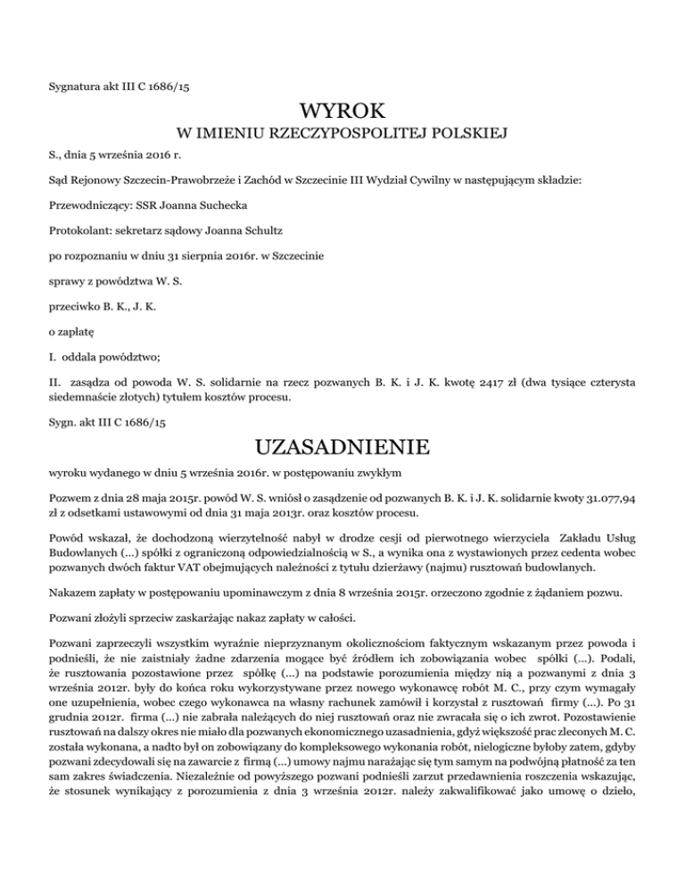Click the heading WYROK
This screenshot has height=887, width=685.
pos(342,113)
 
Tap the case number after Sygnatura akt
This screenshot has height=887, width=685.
pos(162,87)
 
